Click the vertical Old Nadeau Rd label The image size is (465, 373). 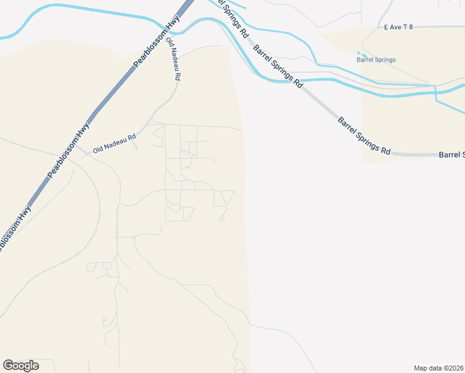(173, 59)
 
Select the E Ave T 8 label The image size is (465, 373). (398, 27)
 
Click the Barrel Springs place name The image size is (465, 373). (376, 60)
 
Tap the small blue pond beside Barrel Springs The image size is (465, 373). (359, 53)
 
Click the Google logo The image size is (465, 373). (21, 366)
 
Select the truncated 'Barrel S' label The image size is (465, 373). (451, 154)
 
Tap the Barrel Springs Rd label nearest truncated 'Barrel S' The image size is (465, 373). (365, 136)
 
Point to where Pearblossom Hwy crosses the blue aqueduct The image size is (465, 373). (180, 26)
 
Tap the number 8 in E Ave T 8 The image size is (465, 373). (411, 27)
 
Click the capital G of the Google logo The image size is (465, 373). (7, 366)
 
